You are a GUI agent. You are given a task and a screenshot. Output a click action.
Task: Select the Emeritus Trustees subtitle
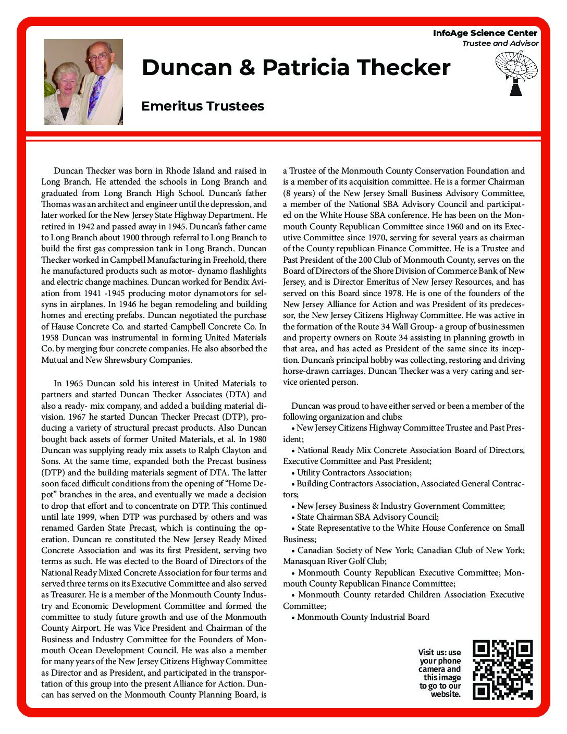[x=203, y=106]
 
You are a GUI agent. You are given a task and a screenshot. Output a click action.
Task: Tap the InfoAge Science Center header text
[x=485, y=33]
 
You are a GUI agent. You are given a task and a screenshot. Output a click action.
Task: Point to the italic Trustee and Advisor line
[x=500, y=43]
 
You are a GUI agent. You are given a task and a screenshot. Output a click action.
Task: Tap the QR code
[x=502, y=670]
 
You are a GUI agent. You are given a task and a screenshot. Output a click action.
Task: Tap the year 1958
[x=51, y=338]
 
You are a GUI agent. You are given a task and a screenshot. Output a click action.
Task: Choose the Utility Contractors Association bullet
[x=354, y=472]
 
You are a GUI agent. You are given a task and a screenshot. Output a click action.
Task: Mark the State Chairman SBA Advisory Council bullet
[x=367, y=517]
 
